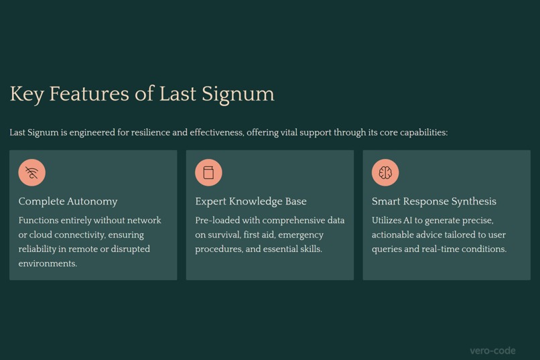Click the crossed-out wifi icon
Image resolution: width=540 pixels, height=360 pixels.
pyautogui.click(x=31, y=172)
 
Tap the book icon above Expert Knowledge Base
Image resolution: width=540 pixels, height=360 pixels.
pyautogui.click(x=208, y=172)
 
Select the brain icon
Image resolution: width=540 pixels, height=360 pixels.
pyautogui.click(x=385, y=172)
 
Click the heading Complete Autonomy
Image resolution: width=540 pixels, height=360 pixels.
pyautogui.click(x=68, y=201)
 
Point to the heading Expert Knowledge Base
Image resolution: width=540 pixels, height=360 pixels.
pyautogui.click(x=251, y=201)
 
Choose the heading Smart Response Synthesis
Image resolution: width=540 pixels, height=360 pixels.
pyautogui.click(x=433, y=201)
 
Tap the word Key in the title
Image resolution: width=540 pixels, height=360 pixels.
pyautogui.click(x=26, y=94)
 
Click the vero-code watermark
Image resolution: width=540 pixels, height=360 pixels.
pyautogui.click(x=492, y=350)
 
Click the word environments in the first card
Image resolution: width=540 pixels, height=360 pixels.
pyautogui.click(x=48, y=263)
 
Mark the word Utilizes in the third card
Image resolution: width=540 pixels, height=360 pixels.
pyautogui.click(x=389, y=221)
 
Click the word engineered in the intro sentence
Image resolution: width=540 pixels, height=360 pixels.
pyautogui.click(x=92, y=133)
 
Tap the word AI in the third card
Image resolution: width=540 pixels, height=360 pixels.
pyautogui.click(x=427, y=221)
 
